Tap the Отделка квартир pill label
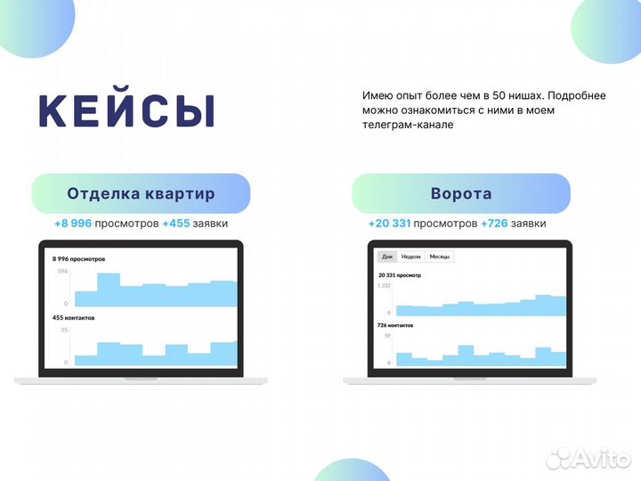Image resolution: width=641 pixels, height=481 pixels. [x=141, y=193]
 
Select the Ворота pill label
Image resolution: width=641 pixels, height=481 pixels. [x=460, y=193]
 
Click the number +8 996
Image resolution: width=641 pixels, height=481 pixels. [x=74, y=223]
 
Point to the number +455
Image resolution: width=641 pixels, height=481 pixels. [x=176, y=223]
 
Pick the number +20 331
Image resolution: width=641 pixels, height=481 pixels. [x=389, y=223]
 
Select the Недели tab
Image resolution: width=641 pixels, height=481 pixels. [x=410, y=257]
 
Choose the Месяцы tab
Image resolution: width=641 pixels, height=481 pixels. [x=440, y=257]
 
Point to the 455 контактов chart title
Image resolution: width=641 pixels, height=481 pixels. [x=74, y=318]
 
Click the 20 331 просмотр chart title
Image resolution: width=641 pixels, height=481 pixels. [x=400, y=275]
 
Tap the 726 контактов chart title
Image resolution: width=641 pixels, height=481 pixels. [x=396, y=325]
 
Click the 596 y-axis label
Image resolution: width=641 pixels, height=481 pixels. [x=62, y=271]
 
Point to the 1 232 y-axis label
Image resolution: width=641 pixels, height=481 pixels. [x=385, y=285]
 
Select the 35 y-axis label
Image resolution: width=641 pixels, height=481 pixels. [x=64, y=330]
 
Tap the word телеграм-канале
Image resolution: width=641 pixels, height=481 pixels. [x=408, y=125]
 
